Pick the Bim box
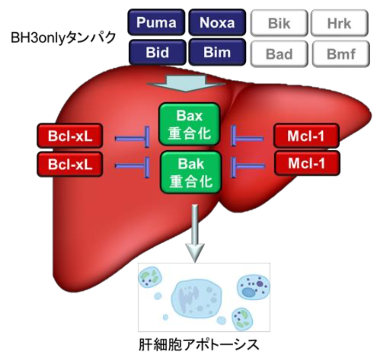[217, 52]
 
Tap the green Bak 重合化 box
[189, 171]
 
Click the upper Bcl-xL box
[69, 137]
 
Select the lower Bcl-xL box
[69, 164]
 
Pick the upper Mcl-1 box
[306, 137]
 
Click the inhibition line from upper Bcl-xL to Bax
[132, 138]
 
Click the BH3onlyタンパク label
[63, 37]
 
